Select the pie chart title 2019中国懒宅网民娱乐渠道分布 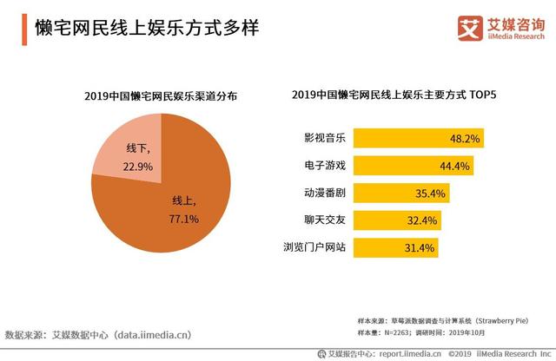(160, 95)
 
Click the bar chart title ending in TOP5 (400, 95)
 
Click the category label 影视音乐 (324, 138)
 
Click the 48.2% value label (466, 138)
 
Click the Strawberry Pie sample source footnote (448, 319)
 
